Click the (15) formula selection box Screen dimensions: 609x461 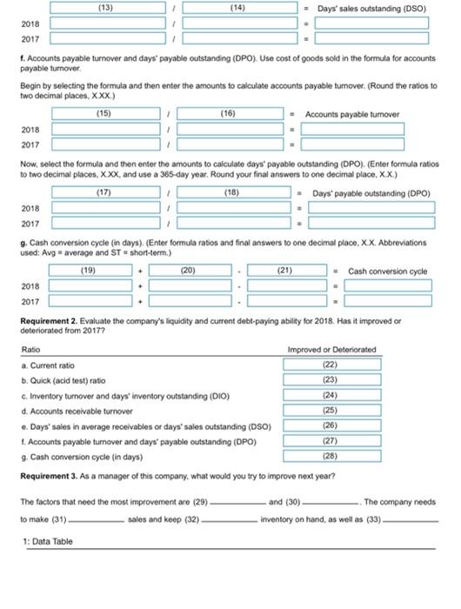tap(105, 113)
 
